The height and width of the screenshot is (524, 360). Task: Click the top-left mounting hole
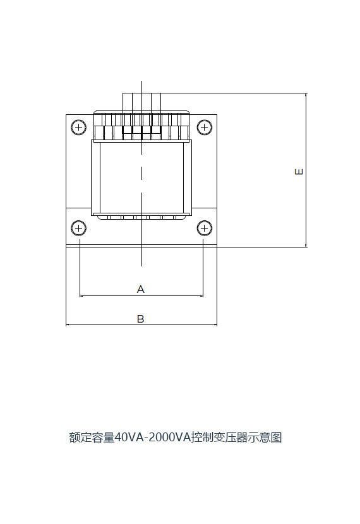78,128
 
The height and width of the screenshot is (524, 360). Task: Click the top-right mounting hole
204,128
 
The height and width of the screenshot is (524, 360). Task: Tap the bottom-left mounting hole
78,229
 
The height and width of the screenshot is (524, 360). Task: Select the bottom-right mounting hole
204,229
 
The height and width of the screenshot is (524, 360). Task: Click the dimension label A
141,289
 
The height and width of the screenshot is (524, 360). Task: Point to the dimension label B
141,319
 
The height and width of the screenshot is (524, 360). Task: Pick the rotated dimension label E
299,172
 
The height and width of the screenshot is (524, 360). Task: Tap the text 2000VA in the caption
169,438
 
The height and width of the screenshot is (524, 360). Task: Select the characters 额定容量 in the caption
92,438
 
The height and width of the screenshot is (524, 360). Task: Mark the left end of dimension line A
80,295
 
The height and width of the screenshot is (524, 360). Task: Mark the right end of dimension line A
203,295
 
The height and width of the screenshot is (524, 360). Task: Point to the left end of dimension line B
66,325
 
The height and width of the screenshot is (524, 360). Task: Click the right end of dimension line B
217,325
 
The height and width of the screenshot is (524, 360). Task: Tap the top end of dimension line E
306,93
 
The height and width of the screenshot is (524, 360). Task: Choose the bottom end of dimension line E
306,247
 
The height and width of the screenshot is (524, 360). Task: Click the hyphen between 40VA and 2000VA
145,438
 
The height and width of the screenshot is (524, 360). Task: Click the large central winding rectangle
141,178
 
